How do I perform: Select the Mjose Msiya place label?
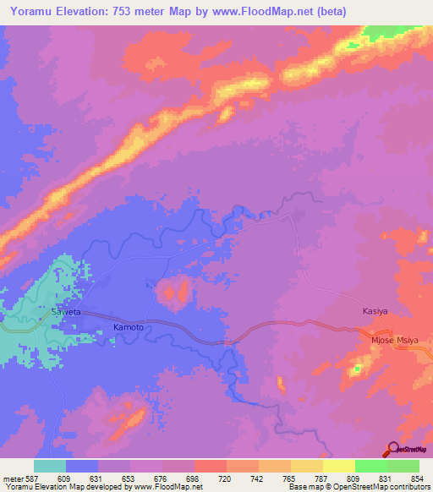(x=395, y=341)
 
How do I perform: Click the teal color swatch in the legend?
(x=50, y=466)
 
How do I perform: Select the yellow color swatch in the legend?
(x=338, y=466)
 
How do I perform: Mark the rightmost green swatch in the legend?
(x=403, y=466)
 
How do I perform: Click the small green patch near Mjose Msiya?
(x=356, y=369)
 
